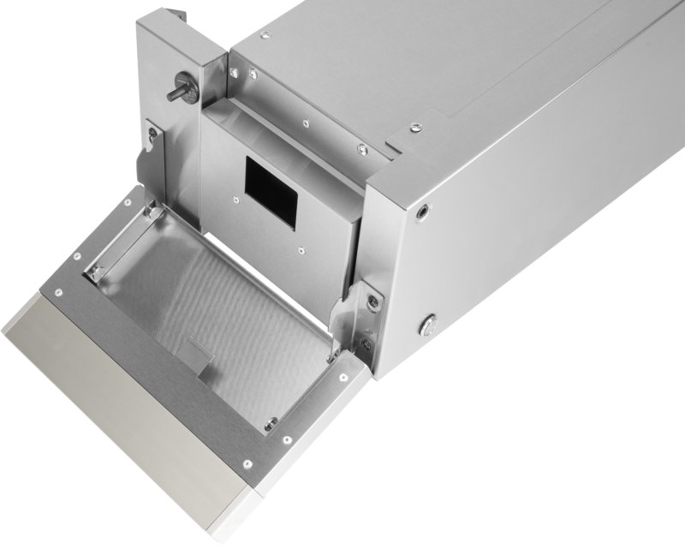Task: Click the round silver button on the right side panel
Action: point(428,325)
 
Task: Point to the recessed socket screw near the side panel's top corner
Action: point(422,209)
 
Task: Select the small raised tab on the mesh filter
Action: point(200,350)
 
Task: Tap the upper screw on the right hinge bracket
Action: point(373,301)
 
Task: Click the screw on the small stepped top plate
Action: point(415,128)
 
